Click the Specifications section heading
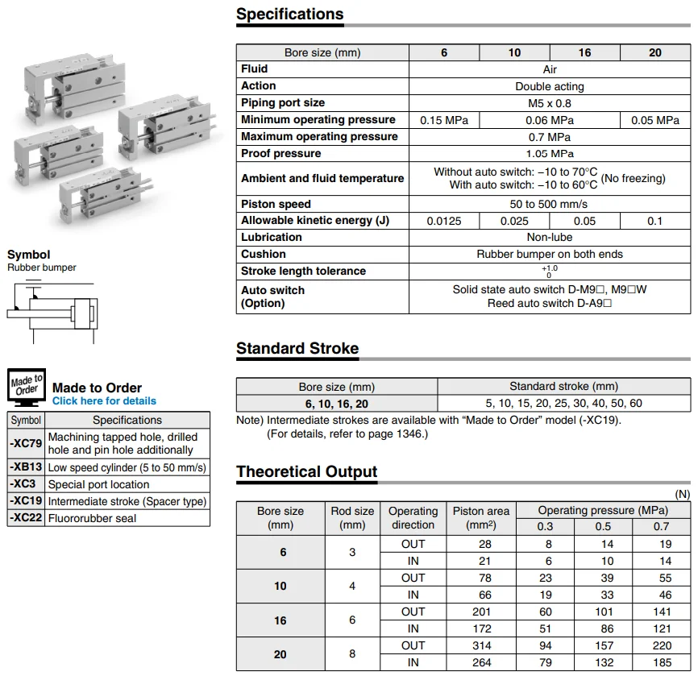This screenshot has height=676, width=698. pos(289,15)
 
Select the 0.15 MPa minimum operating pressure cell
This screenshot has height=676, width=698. pos(444,120)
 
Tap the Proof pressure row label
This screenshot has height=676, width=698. pos(280,153)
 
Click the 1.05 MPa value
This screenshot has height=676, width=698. pos(550,154)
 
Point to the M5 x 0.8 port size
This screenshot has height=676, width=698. pos(550,103)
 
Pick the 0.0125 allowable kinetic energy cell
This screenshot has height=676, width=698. pos(444,221)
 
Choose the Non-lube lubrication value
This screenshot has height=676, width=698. pos(550,238)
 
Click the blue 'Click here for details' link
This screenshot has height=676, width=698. pos(104,401)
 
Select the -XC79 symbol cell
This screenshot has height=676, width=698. pos(26,443)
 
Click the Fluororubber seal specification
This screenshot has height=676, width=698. pos(92,518)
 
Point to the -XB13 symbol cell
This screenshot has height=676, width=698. pos(26,467)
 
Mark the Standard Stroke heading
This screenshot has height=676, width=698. pos(297,349)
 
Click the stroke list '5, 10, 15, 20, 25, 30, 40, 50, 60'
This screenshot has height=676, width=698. pos(563,404)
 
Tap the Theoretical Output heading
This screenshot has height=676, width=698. pos(306,472)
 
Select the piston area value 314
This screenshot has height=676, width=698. pos(480,645)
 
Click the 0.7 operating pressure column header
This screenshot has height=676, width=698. pos(661,526)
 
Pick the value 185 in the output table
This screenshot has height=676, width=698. pos(661,662)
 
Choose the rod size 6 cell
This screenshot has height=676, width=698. pos(352,620)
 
